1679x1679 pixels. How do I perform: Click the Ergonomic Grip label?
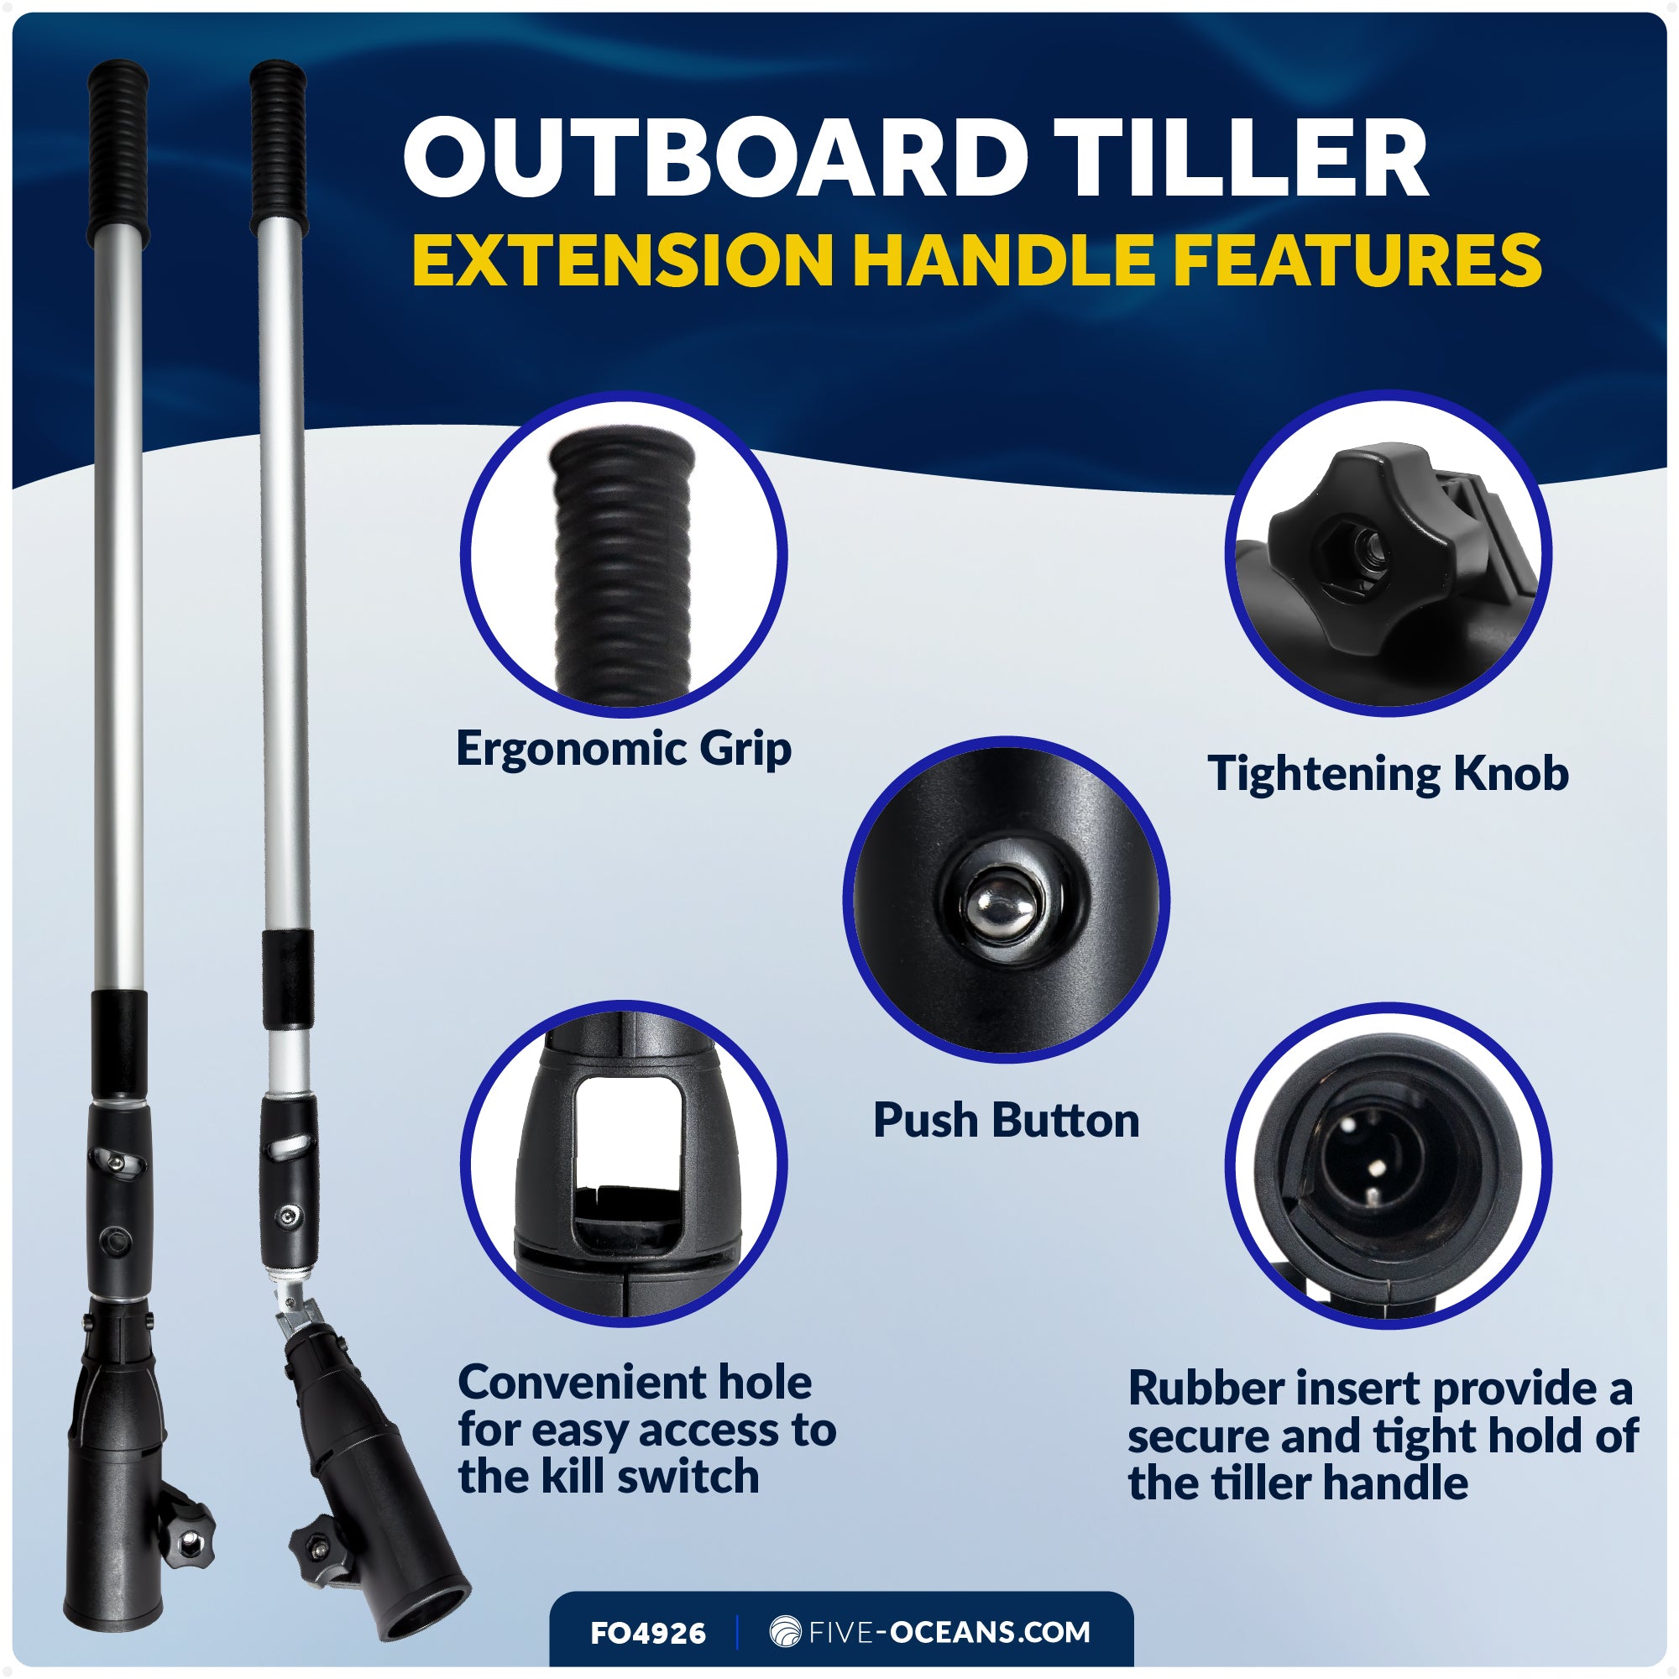tap(623, 749)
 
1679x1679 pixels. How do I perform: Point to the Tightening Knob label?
tap(1388, 773)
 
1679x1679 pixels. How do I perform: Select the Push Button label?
tap(1006, 1120)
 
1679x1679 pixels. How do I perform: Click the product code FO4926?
tap(647, 1633)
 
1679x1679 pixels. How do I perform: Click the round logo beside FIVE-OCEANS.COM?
tap(785, 1631)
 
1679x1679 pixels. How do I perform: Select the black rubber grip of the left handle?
tap(118, 152)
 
